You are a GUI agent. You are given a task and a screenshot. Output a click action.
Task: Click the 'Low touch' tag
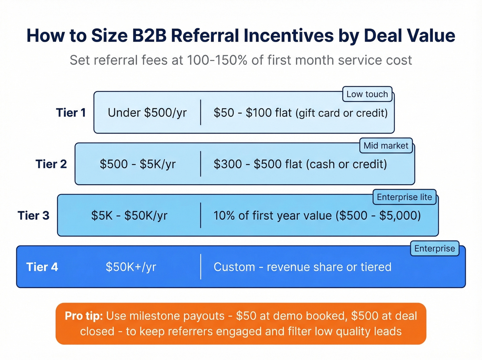coord(367,94)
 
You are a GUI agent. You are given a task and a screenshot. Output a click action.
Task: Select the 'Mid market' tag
coord(386,145)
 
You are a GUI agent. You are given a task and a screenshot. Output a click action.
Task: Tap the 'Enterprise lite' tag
coord(404,197)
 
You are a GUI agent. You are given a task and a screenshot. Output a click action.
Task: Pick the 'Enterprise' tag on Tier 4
coord(434,248)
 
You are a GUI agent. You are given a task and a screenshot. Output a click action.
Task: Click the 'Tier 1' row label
coord(71,113)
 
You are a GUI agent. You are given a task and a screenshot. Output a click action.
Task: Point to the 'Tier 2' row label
coord(51,164)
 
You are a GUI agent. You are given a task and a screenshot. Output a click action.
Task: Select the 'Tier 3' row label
coord(33,216)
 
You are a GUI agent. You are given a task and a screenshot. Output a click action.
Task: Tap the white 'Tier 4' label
coord(42,267)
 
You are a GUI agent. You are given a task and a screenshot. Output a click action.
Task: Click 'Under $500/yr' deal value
coord(147,113)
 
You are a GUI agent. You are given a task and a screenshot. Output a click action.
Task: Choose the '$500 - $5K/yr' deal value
coord(138,164)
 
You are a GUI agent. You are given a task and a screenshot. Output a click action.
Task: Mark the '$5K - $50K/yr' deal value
coord(129,216)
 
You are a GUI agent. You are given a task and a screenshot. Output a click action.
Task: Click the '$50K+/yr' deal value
coord(131,267)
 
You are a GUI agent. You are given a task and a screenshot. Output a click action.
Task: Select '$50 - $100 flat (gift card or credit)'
coord(301,113)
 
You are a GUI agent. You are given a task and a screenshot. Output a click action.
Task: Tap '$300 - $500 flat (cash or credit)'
coord(300,164)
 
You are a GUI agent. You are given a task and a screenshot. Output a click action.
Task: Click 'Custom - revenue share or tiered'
coord(302,267)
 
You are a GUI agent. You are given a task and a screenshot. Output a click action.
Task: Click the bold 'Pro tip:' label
coord(84,316)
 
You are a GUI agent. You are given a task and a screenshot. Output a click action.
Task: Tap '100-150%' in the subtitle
coord(217,60)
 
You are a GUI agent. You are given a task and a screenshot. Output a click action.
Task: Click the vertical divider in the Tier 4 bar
coord(201,267)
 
